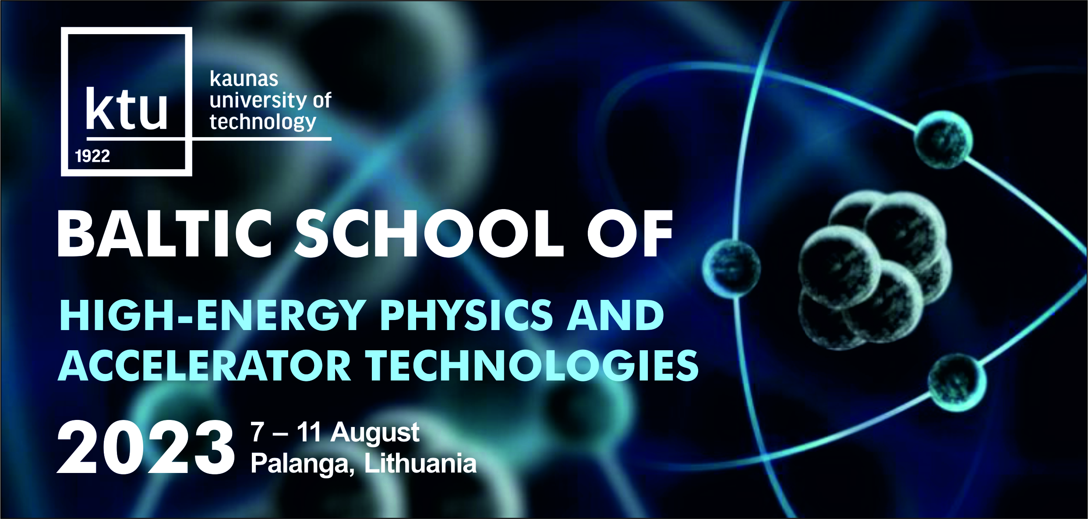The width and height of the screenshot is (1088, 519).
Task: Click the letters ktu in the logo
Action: (127, 108)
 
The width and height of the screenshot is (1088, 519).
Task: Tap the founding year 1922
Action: (92, 156)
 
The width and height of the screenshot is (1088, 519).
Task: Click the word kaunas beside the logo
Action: (244, 79)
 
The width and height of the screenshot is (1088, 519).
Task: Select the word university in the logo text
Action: (258, 100)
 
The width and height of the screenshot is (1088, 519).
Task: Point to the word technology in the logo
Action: (263, 121)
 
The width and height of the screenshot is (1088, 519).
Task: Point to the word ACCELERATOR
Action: (205, 366)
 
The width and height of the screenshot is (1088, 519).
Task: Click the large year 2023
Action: (146, 447)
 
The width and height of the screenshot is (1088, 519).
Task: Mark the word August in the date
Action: (375, 434)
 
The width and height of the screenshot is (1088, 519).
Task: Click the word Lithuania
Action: (420, 463)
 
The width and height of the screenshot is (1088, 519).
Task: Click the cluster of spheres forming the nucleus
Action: (874, 270)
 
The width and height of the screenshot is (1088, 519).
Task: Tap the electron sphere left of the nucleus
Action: (731, 268)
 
